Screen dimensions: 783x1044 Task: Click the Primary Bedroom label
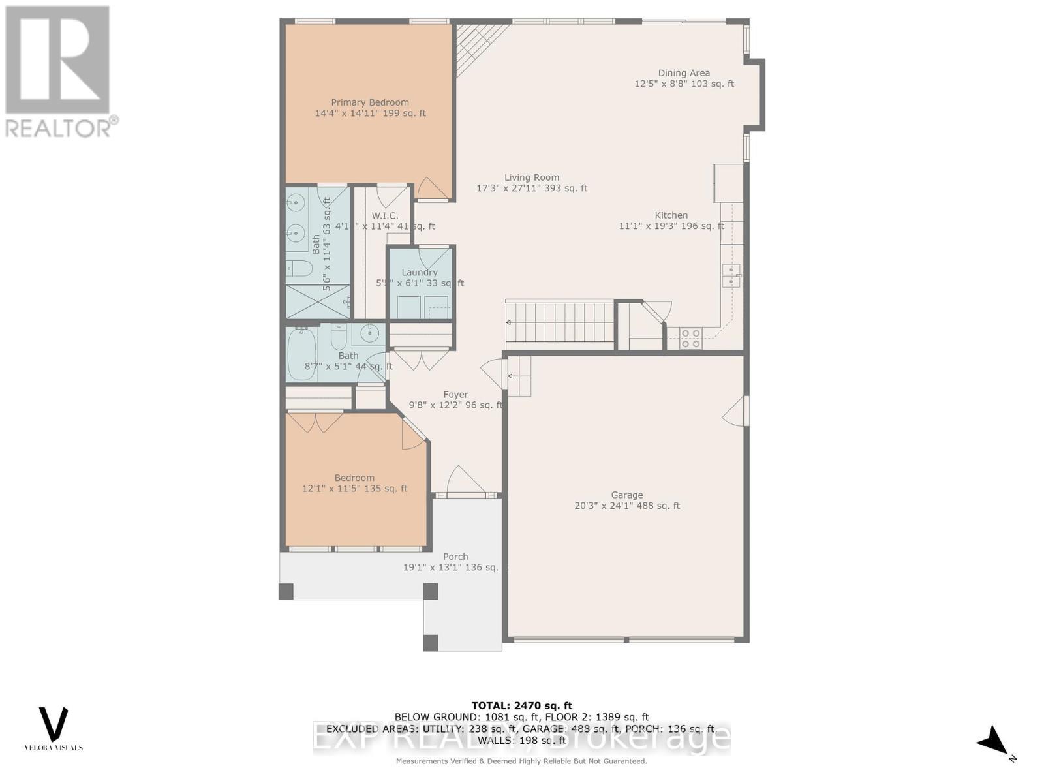click(x=370, y=102)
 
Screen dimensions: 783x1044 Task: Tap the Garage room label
click(x=626, y=495)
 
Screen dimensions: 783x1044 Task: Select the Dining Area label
click(x=684, y=73)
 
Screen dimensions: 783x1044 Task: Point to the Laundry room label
click(x=420, y=273)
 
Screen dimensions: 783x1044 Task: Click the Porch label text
click(x=455, y=557)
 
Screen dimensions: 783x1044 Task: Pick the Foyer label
click(x=455, y=395)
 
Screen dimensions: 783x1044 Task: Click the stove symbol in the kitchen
click(x=691, y=338)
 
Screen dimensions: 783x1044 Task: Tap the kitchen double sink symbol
click(x=730, y=275)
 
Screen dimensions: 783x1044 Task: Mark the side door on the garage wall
click(x=737, y=410)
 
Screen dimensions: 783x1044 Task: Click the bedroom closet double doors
click(x=316, y=422)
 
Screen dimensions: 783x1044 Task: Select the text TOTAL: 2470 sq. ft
click(x=521, y=705)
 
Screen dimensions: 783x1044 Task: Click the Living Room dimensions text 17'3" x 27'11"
click(x=531, y=189)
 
